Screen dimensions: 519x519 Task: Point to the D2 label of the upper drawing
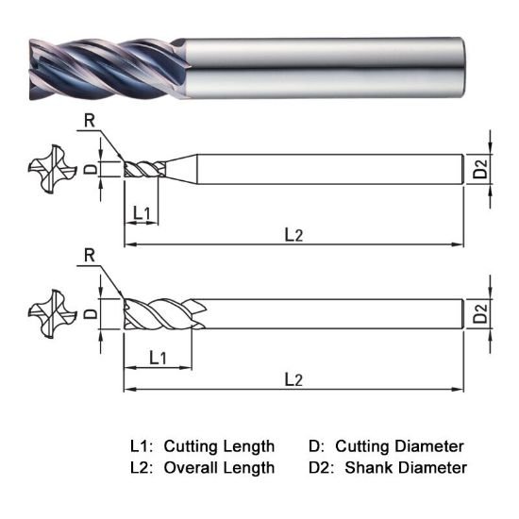pos(480,170)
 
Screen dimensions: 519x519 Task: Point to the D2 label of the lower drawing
pos(480,314)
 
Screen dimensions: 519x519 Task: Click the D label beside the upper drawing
pos(91,170)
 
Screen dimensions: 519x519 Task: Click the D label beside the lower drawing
pos(91,313)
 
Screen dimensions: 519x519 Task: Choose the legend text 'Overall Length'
pos(218,467)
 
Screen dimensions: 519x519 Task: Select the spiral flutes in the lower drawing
pos(160,314)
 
